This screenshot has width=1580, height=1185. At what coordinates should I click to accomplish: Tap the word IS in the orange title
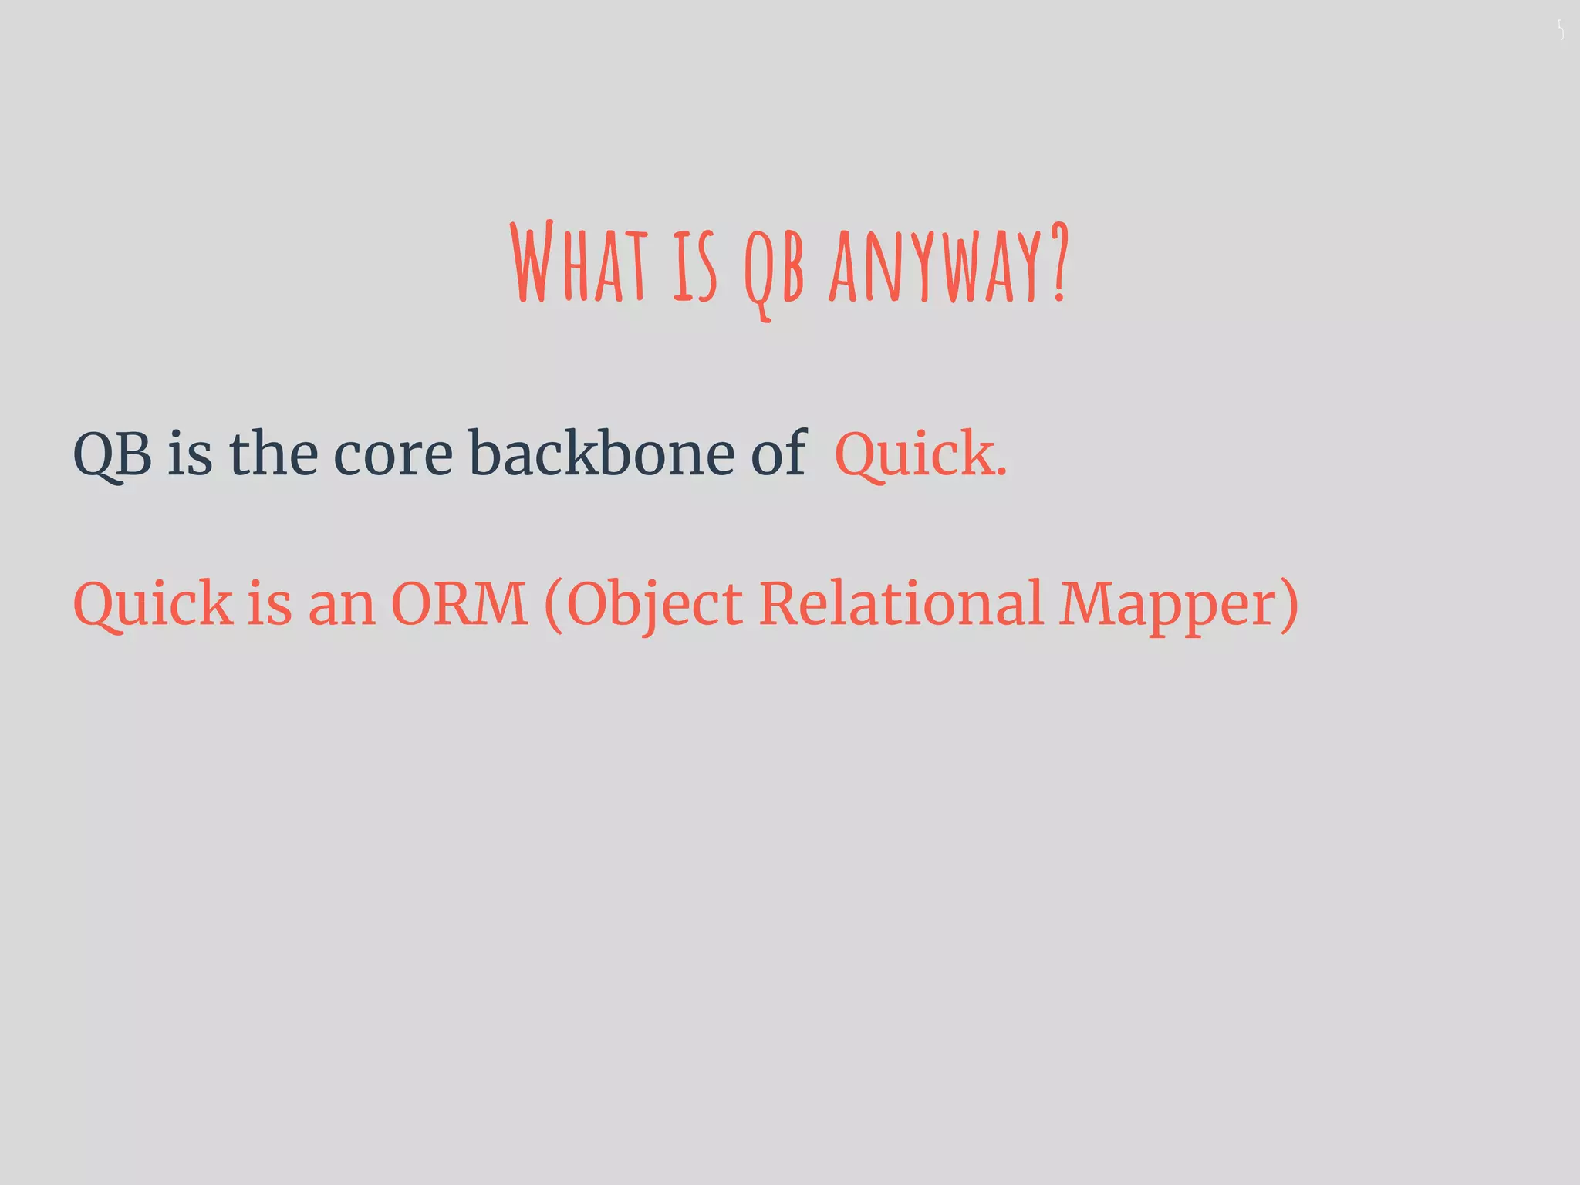coord(694,266)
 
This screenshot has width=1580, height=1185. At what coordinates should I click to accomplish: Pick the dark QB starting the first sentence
coord(112,455)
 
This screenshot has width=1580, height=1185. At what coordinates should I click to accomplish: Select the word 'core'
coord(393,455)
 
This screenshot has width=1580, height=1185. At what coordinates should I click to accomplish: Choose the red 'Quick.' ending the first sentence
coord(920,455)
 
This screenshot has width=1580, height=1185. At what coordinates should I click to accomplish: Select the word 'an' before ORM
coord(341,606)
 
